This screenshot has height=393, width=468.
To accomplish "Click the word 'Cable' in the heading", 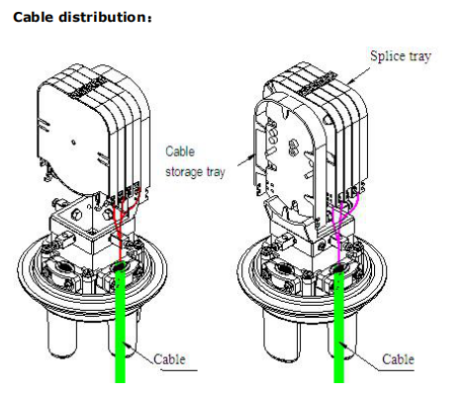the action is pos(33,17).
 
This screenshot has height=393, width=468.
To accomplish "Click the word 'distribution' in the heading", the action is pos(102,17).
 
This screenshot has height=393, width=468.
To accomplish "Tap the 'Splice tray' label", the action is pos(401,56).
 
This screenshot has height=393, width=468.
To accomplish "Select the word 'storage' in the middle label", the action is pos(184,172).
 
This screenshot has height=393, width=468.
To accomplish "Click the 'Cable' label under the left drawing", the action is pos(169,359).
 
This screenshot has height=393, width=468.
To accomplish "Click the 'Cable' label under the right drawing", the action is pos(398,359).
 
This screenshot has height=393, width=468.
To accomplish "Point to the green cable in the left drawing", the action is pos(121,325).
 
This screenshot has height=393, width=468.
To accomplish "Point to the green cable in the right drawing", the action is pos(339,327).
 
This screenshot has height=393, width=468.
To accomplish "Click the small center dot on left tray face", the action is pos(73,143).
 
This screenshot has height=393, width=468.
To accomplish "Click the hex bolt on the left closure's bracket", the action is pos(76,215).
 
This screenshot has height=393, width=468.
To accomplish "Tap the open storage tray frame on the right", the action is pos(264,148).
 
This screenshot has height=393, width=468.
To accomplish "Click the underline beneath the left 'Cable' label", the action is pos(179,370).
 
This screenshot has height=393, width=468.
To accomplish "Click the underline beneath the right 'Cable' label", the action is pos(396,370).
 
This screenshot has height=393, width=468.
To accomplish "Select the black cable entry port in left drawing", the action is pos(120,265).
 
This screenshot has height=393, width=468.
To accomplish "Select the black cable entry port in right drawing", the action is pos(339,268).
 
